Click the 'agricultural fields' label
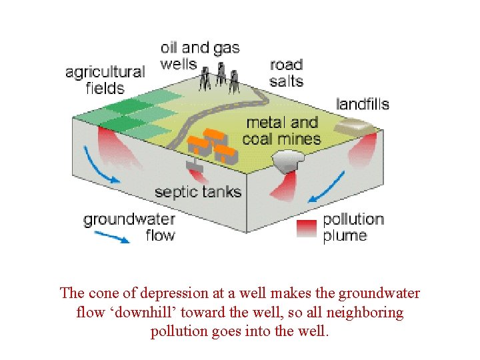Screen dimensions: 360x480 pos(105,79)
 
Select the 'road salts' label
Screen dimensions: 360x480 pos(286,73)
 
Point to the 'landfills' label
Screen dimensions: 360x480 pos(362,104)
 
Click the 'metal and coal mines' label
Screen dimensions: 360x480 pos(281,131)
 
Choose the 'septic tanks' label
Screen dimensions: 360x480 pos(197,193)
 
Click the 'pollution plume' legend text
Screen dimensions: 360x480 pos(353,227)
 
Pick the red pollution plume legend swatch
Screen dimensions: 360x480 pos(307,228)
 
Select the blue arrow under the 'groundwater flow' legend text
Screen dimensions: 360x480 pos(111,237)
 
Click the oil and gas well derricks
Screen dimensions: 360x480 pos(220,79)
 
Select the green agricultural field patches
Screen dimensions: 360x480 pos(139,110)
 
